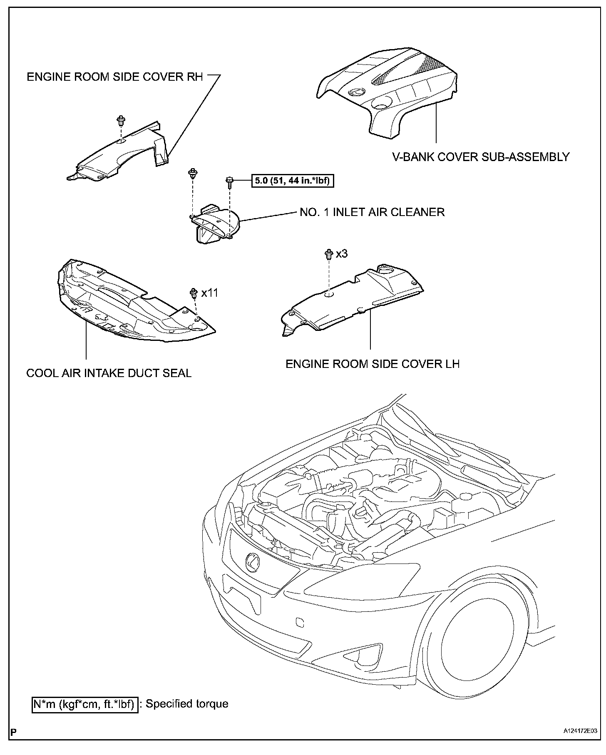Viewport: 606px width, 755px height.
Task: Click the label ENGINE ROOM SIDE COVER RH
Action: pyautogui.click(x=115, y=77)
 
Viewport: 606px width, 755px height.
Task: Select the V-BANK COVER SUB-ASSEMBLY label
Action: pyautogui.click(x=481, y=157)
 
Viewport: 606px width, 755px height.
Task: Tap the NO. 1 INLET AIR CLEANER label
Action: pyautogui.click(x=372, y=212)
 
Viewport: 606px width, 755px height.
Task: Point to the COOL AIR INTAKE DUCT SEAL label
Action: pyautogui.click(x=109, y=373)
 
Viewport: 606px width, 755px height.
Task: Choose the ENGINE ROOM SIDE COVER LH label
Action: pyautogui.click(x=373, y=364)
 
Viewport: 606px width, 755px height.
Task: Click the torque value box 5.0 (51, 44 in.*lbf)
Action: pyautogui.click(x=293, y=181)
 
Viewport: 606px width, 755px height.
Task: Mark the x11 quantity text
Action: pyautogui.click(x=209, y=293)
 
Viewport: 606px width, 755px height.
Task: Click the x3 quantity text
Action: pyautogui.click(x=341, y=253)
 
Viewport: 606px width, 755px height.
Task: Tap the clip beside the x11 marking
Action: pyautogui.click(x=194, y=293)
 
